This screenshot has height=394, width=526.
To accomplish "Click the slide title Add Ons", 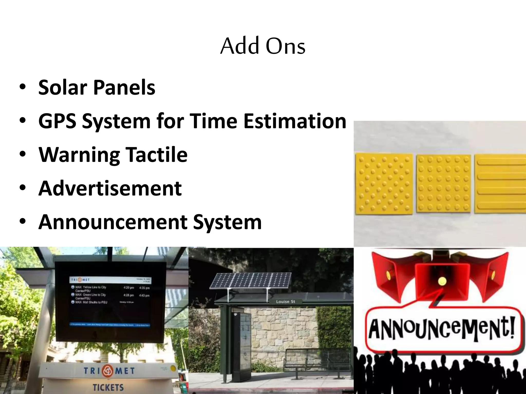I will [x=263, y=46].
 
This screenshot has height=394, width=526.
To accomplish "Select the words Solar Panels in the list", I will [x=97, y=87].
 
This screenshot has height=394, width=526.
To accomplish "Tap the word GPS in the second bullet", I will [x=57, y=121].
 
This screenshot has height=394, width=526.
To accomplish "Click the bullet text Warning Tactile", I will [x=113, y=155].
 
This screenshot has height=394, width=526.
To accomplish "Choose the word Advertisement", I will [x=110, y=188].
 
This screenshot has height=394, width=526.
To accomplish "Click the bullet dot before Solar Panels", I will [x=22, y=87].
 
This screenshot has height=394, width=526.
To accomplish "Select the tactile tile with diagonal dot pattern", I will [x=384, y=184].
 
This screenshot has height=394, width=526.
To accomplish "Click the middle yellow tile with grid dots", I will [x=444, y=183].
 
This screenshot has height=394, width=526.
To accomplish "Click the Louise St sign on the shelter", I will [x=285, y=302].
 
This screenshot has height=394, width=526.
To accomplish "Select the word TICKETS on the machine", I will [x=108, y=387].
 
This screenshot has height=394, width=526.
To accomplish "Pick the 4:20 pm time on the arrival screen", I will [x=128, y=288].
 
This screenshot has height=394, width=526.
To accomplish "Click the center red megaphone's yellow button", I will [x=442, y=280].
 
